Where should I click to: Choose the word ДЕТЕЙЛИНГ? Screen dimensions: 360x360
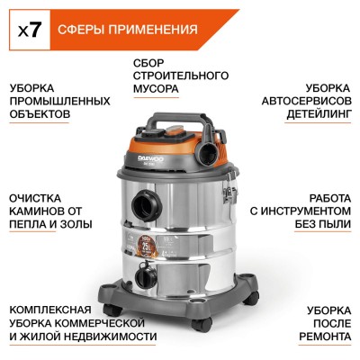(x=313, y=117)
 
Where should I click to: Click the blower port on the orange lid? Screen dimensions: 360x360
(x=213, y=141)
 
